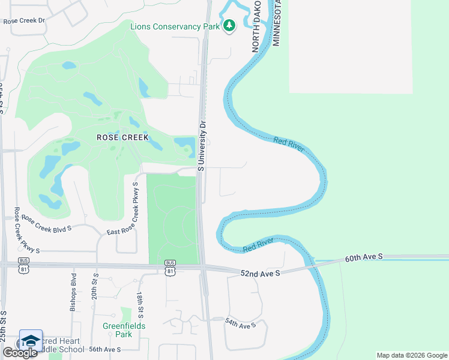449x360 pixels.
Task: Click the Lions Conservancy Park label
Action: click(175, 25)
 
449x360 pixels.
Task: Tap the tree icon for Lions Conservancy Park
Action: click(229, 25)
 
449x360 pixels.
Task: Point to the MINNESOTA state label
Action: click(277, 24)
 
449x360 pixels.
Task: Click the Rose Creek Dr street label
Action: click(25, 20)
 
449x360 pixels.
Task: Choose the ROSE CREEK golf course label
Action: click(118, 137)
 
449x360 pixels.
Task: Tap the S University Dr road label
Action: click(202, 146)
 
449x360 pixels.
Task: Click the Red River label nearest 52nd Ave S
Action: click(259, 245)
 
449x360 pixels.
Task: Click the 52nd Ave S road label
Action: click(261, 274)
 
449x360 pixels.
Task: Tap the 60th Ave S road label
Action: click(364, 258)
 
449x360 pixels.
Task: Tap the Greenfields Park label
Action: click(124, 331)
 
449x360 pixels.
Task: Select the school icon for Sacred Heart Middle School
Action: click(31, 340)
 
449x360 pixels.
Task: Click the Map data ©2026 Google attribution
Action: click(411, 355)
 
